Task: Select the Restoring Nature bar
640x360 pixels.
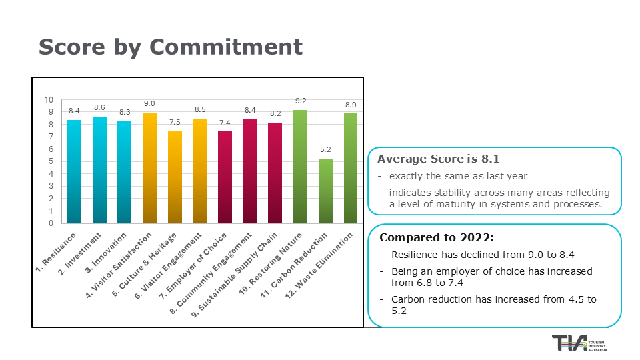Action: pos(300,166)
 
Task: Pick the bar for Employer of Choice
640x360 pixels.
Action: pos(225,177)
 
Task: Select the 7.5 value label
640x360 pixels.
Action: pos(175,123)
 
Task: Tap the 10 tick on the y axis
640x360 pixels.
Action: pos(49,100)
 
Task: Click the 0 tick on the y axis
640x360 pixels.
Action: pos(51,223)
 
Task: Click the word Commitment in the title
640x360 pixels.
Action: pos(226,47)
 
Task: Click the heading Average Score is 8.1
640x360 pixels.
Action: pos(438,159)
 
